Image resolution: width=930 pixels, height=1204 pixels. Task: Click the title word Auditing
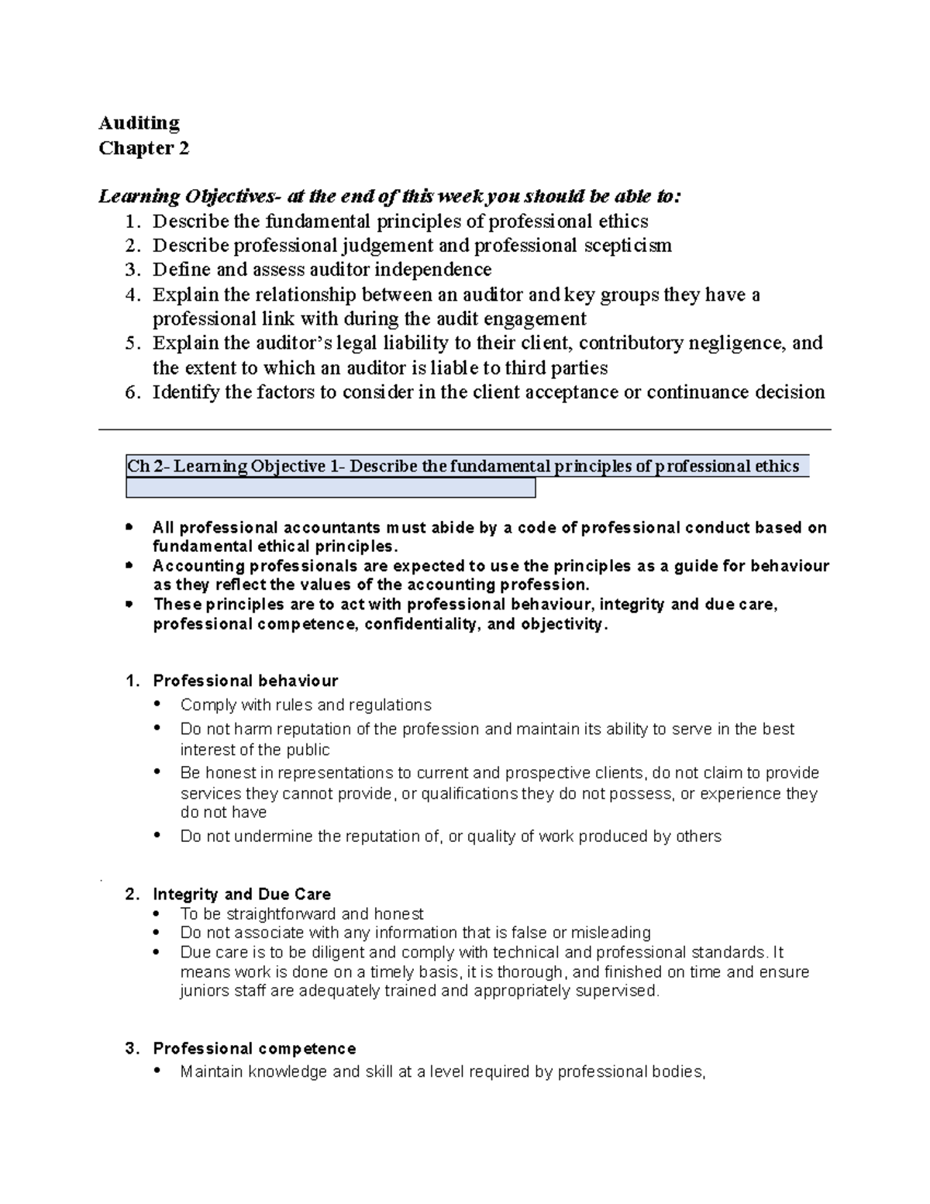click(139, 123)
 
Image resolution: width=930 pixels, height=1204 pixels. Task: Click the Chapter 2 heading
click(143, 148)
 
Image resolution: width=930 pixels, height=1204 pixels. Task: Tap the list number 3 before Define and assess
click(132, 270)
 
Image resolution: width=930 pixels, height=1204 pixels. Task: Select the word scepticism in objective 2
click(626, 246)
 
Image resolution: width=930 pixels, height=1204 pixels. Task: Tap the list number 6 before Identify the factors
click(132, 392)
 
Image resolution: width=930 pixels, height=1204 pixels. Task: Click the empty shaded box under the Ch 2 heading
click(330, 488)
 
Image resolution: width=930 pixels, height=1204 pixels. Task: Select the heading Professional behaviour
click(245, 681)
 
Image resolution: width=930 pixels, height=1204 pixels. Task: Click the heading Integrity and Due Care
click(242, 894)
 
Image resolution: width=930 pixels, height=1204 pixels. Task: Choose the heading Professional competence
click(254, 1049)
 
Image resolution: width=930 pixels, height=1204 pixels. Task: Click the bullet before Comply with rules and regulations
click(158, 705)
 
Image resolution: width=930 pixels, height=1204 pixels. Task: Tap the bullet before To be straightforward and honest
click(158, 914)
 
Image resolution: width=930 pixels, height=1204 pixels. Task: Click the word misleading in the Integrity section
click(611, 933)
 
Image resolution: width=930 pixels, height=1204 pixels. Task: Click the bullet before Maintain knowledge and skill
click(158, 1072)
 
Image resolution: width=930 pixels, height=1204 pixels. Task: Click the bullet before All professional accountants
click(129, 528)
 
